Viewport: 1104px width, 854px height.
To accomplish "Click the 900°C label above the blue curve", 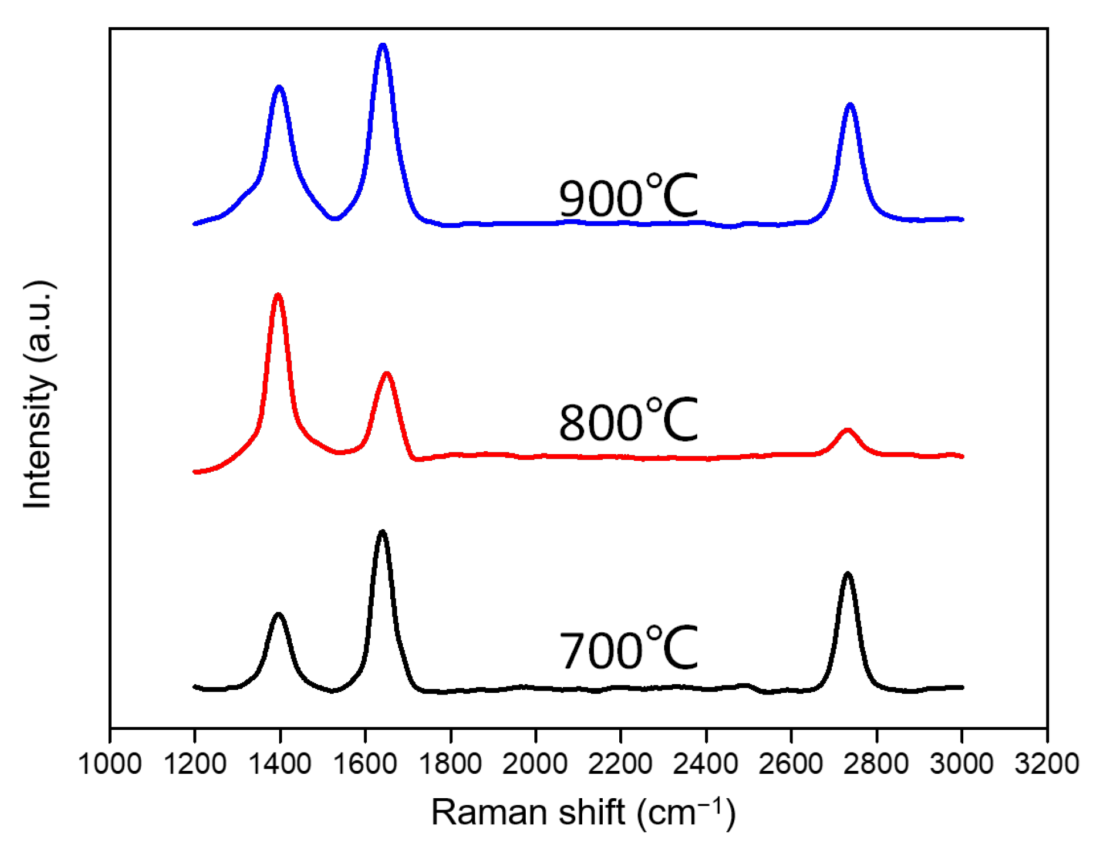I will coord(628,197).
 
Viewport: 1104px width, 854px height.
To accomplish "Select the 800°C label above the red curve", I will coord(628,421).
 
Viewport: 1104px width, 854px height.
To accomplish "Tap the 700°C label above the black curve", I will coord(628,648).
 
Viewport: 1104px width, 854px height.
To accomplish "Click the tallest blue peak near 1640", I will coord(383,45).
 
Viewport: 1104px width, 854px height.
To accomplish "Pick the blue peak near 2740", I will coord(850,105).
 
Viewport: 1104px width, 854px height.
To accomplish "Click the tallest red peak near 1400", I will coord(278,295).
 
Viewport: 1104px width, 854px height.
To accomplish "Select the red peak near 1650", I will coord(387,374).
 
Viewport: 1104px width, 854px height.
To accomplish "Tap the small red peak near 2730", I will coord(847,430).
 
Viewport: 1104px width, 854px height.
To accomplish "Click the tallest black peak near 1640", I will coord(382,532).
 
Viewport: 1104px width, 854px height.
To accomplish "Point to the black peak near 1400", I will coord(278,615).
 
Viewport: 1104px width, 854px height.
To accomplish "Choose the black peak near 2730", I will coord(848,574).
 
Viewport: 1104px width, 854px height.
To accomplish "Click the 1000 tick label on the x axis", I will coord(109,763).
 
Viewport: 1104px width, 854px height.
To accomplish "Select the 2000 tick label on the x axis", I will coord(535,763).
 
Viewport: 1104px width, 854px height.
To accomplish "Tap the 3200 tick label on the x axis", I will coord(1046,763).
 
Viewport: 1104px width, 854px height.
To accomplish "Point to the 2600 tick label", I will coord(791,763).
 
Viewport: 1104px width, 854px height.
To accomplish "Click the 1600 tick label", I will coord(365,763).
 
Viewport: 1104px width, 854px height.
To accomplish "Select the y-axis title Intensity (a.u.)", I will coord(39,394).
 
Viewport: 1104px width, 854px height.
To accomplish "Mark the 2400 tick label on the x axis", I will coord(705,763).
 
